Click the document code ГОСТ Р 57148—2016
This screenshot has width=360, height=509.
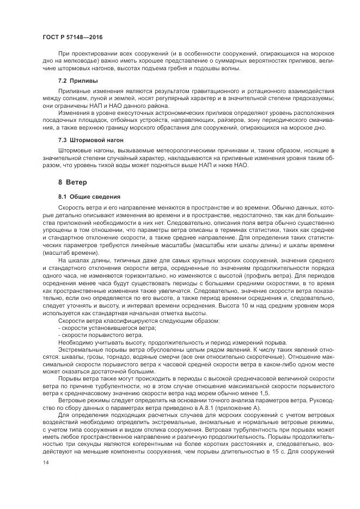tap(72, 36)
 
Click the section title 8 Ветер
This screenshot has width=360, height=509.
tap(72, 181)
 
